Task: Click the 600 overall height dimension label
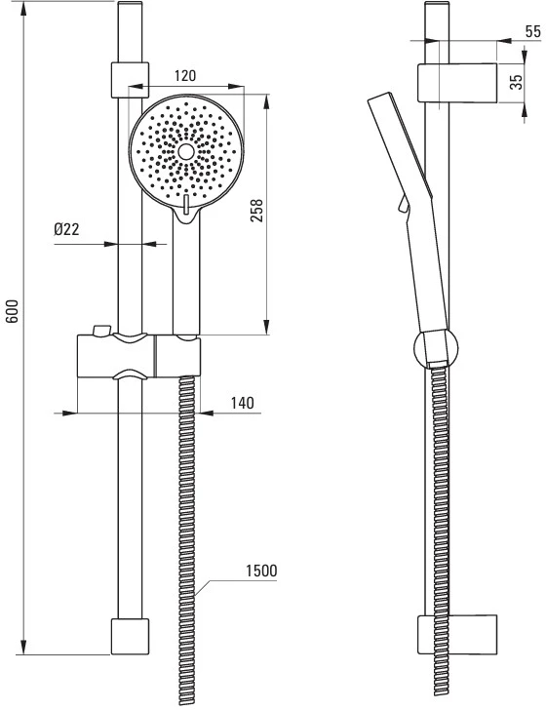[x=13, y=310]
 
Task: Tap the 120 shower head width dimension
[x=185, y=76]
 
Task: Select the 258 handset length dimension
[x=256, y=210]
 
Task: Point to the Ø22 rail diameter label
[x=66, y=229]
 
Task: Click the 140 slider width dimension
[x=243, y=403]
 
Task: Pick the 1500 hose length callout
[x=261, y=571]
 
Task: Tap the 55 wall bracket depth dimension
[x=533, y=31]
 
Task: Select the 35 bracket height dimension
[x=516, y=82]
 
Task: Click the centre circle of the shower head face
[x=186, y=152]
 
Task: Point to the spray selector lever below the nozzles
[x=186, y=204]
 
